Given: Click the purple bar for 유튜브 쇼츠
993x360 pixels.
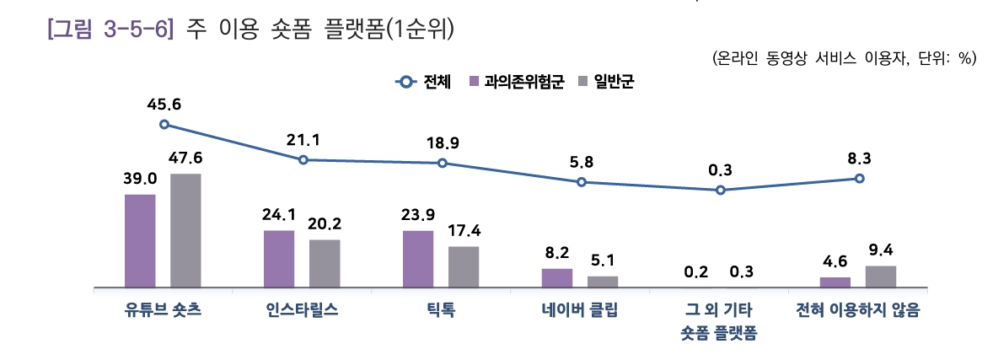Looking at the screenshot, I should [x=140, y=241].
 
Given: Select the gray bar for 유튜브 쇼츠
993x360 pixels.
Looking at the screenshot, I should [x=185, y=230].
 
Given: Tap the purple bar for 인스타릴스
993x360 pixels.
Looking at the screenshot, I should [x=279, y=259].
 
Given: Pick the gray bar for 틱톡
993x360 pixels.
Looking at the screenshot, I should [x=463, y=266].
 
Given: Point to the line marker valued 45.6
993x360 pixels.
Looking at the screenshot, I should [x=164, y=124].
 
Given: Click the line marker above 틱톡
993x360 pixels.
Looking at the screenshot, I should [x=443, y=163].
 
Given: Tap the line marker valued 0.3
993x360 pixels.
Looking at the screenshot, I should [x=720, y=191].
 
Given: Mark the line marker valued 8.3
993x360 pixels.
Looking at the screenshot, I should [x=859, y=178].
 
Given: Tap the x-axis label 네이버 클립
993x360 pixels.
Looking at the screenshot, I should [x=580, y=309].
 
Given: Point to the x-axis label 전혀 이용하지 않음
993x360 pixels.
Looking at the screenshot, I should [x=858, y=309].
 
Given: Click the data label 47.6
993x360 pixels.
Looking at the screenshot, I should [x=185, y=159].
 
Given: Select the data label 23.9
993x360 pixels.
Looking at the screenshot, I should [x=418, y=214].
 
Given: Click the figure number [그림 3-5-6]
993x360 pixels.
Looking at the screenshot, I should [x=110, y=31].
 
